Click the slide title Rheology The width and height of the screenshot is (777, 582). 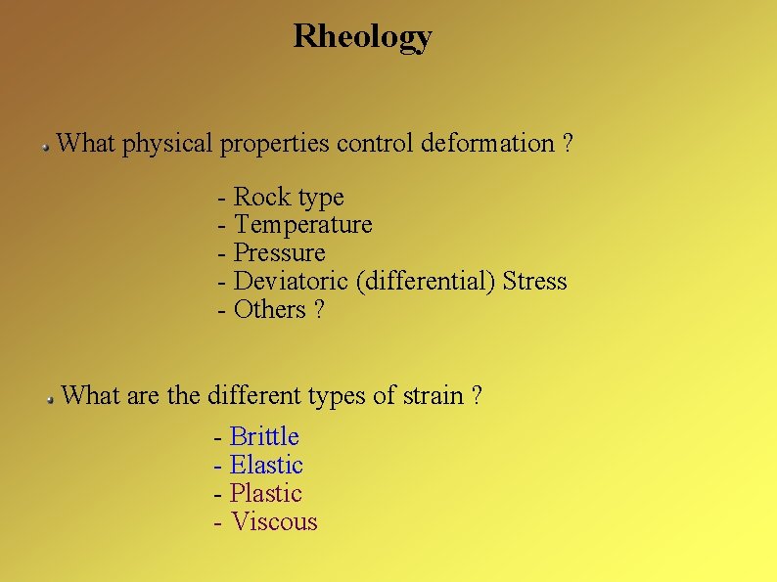click(x=362, y=37)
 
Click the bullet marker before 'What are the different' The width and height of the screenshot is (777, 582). click(x=49, y=398)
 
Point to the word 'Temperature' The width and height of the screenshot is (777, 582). click(x=303, y=225)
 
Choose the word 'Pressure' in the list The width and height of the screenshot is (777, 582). click(x=280, y=253)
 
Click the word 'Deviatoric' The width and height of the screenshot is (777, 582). click(x=292, y=282)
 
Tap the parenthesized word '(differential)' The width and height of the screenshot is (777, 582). click(x=426, y=282)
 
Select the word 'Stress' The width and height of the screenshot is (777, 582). click(x=534, y=282)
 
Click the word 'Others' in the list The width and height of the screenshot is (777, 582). click(x=270, y=310)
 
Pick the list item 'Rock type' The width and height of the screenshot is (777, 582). click(x=289, y=198)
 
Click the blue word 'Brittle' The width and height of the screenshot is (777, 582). click(x=264, y=437)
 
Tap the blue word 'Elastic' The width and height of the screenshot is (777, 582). click(x=266, y=466)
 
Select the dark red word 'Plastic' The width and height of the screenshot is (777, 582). click(x=265, y=494)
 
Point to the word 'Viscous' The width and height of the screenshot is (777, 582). click(x=274, y=522)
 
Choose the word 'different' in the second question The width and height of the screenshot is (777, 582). click(x=254, y=396)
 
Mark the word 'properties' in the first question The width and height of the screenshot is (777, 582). click(x=275, y=144)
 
